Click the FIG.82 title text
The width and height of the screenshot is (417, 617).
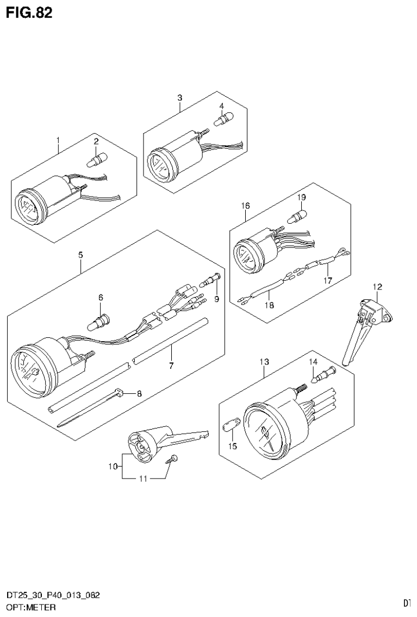pos(29,13)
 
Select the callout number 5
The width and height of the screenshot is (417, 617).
pos(80,254)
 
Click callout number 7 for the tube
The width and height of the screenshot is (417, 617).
pos(171,365)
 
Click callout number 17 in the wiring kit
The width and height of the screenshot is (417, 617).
pos(327,281)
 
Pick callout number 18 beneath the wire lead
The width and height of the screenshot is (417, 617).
pos(269,305)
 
